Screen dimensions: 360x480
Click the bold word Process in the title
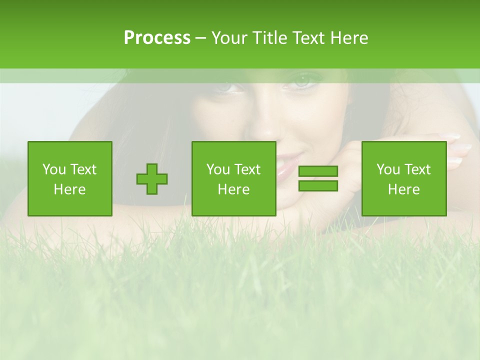click(x=157, y=38)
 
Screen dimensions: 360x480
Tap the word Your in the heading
click(x=230, y=38)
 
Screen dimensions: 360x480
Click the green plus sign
click(x=152, y=178)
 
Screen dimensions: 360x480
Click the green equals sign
click(x=318, y=178)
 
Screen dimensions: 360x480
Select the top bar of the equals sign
click(x=318, y=171)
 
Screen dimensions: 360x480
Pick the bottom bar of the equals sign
click(x=318, y=186)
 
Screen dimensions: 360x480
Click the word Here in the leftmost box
click(x=69, y=189)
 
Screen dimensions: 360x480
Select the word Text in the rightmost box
click(x=417, y=169)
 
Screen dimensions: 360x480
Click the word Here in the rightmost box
click(x=403, y=189)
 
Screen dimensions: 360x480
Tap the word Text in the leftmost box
click(x=83, y=169)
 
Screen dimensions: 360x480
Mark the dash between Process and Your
click(x=200, y=38)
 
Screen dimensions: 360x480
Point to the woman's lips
click(x=282, y=168)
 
